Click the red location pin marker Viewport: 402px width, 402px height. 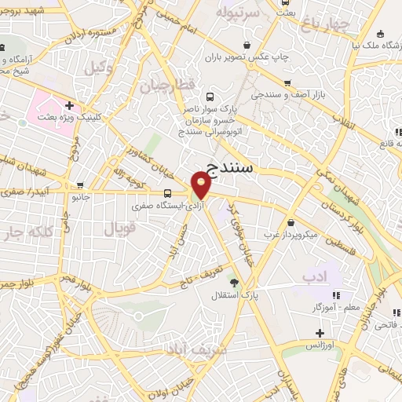pyautogui.click(x=201, y=185)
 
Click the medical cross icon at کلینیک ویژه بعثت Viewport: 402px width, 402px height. pyautogui.click(x=70, y=105)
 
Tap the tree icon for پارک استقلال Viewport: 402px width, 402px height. pyautogui.click(x=233, y=282)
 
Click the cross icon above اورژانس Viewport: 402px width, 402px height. pyautogui.click(x=320, y=333)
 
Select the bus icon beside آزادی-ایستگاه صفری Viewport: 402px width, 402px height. pyautogui.click(x=167, y=193)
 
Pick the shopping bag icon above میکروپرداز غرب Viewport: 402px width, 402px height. pyautogui.click(x=291, y=222)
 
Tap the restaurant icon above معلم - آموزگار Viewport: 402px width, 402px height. pyautogui.click(x=337, y=295)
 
